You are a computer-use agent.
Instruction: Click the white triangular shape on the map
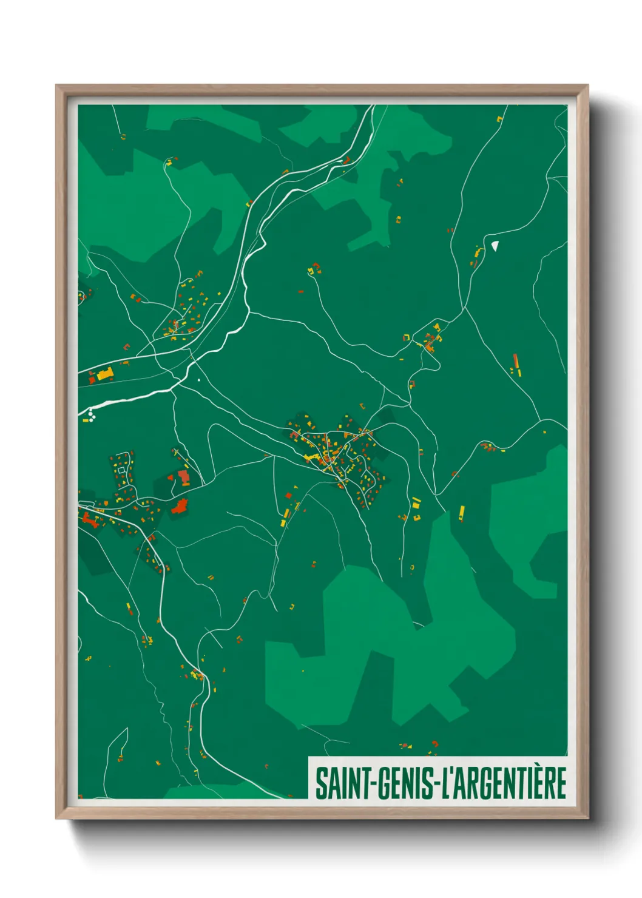coord(495,245)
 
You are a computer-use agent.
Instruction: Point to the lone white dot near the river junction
coord(198,380)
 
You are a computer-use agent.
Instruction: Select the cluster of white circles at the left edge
coord(91,416)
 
